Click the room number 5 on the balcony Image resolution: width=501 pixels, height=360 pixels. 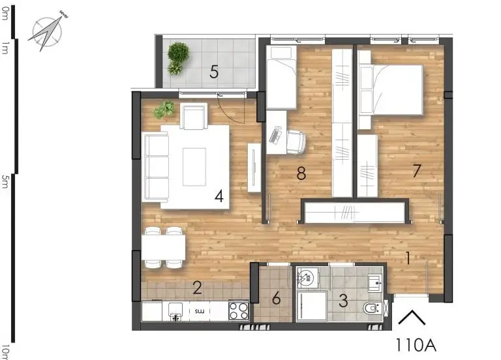click(x=214, y=72)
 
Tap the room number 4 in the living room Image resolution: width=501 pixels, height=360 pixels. click(x=220, y=196)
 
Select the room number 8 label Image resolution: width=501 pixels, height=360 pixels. click(x=301, y=173)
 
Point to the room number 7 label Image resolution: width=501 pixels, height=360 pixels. click(x=416, y=172)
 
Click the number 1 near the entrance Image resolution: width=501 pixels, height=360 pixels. click(x=408, y=258)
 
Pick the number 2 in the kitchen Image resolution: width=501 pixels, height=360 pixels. click(x=197, y=288)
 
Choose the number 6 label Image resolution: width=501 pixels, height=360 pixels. click(x=277, y=299)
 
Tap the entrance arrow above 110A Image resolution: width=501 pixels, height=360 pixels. click(x=412, y=318)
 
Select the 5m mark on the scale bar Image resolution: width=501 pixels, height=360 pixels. click(x=5, y=180)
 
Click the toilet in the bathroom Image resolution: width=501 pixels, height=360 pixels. click(x=372, y=308)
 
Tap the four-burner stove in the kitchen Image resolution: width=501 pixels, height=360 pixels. click(x=239, y=310)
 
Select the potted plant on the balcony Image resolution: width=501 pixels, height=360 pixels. click(x=177, y=57)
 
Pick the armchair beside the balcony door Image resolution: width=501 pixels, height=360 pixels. click(x=194, y=117)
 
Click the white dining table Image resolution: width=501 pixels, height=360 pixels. click(x=163, y=247)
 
